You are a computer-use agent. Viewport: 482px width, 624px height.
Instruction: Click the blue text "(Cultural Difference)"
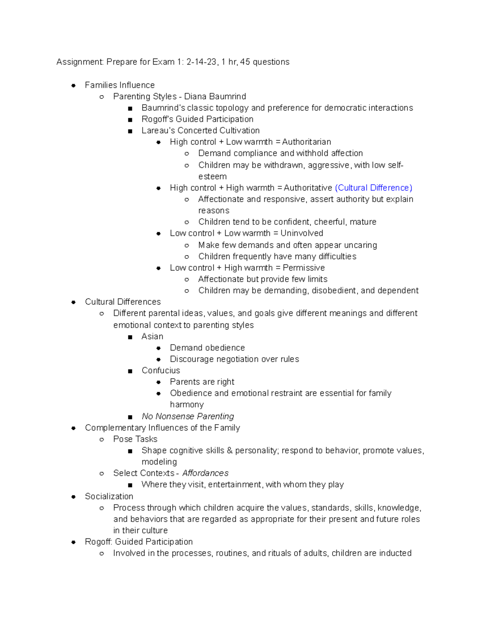(x=373, y=188)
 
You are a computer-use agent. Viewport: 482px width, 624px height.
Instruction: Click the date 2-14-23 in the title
(x=201, y=62)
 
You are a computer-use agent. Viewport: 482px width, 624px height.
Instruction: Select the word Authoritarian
(x=306, y=142)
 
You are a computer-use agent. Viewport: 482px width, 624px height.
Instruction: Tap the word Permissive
(x=304, y=268)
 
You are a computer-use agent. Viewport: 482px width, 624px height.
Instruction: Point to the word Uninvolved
(x=302, y=233)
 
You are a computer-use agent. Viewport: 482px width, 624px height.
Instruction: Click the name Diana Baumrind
(x=215, y=96)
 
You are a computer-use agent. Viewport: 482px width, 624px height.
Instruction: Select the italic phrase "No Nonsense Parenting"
(x=188, y=416)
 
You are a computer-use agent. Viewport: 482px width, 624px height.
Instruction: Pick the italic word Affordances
(x=205, y=473)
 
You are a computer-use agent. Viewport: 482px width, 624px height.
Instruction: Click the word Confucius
(x=161, y=370)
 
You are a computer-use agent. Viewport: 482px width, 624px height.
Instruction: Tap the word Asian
(x=152, y=336)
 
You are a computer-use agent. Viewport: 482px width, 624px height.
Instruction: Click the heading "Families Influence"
(x=120, y=85)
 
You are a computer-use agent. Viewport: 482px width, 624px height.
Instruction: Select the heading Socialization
(x=109, y=496)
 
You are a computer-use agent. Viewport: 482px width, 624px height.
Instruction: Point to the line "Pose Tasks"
(x=135, y=439)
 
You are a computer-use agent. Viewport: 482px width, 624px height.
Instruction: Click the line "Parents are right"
(x=202, y=382)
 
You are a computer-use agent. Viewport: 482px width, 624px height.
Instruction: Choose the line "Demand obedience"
(x=207, y=348)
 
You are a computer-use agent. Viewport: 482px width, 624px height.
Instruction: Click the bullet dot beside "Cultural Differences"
(x=74, y=302)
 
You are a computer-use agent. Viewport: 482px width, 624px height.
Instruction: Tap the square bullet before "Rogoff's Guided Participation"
(x=130, y=120)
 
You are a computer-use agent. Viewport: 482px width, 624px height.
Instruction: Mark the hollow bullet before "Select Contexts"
(x=102, y=473)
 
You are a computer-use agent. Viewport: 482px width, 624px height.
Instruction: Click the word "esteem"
(x=212, y=176)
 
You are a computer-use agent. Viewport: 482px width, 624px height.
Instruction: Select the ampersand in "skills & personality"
(x=230, y=450)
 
